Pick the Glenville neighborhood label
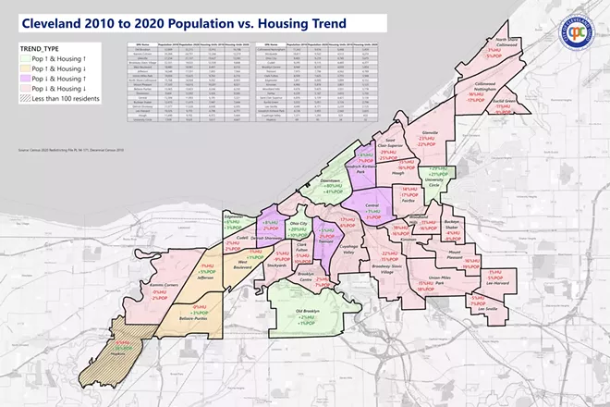pyautogui.click(x=427, y=131)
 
